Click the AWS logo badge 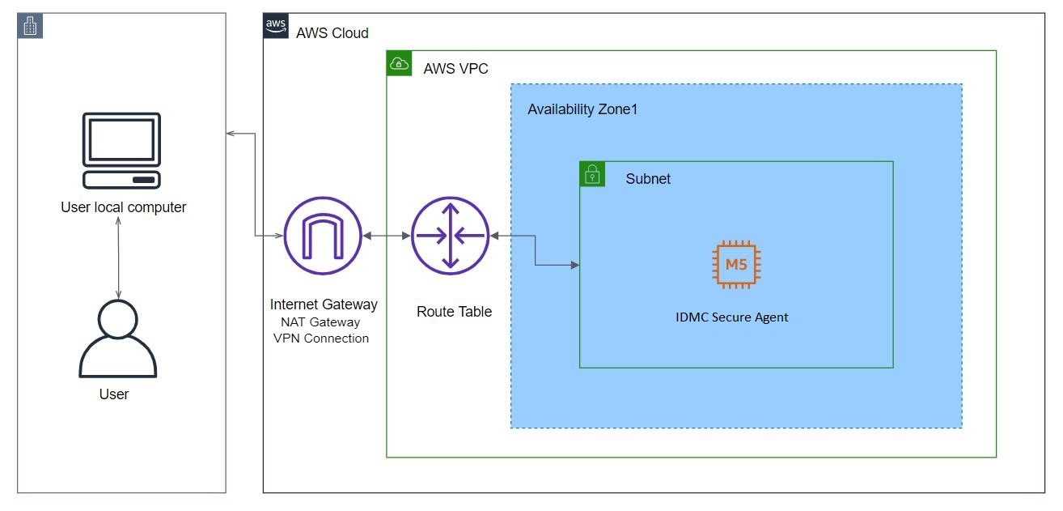(x=276, y=26)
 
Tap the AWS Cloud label (x=332, y=32)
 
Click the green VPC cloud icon (x=399, y=63)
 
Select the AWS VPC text (x=455, y=68)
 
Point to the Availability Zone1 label (x=582, y=109)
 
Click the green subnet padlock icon (x=592, y=174)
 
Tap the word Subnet (x=648, y=178)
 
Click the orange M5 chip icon (x=736, y=265)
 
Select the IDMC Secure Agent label (x=731, y=317)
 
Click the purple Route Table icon (x=450, y=236)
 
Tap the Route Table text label (x=454, y=312)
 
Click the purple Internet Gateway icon (x=323, y=236)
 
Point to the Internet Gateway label (x=324, y=304)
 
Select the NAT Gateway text (x=320, y=322)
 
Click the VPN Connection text (x=321, y=339)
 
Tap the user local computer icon (x=121, y=151)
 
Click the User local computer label (x=124, y=207)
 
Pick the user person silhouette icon (x=117, y=339)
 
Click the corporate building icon (x=30, y=26)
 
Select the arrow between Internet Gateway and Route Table (x=387, y=236)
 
